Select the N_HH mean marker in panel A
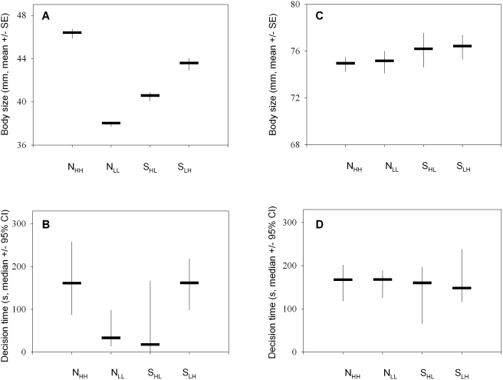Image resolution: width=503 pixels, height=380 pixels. (71, 32)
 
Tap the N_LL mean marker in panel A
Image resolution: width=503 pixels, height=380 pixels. (111, 123)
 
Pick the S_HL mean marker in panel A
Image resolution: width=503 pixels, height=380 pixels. (150, 95)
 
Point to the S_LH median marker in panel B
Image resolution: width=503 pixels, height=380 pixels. (189, 283)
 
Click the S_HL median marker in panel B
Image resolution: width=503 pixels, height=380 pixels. (150, 344)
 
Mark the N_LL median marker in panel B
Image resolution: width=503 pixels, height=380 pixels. (111, 337)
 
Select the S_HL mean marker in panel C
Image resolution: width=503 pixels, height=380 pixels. (423, 48)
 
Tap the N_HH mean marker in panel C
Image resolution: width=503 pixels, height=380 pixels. (345, 63)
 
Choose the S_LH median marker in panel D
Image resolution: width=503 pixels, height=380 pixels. (462, 288)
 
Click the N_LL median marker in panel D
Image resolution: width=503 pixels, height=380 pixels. (384, 279)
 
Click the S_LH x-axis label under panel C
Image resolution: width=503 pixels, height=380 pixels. (462, 164)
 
